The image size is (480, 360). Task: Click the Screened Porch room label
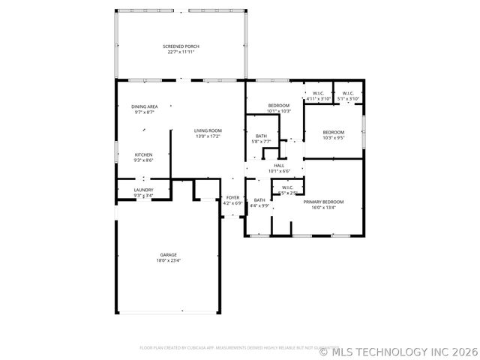(181, 46)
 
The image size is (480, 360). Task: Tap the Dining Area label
(144, 106)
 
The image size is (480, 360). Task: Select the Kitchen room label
(143, 154)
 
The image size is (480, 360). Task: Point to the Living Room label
(208, 130)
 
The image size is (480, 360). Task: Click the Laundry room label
(143, 190)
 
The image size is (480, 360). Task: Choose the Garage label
(168, 255)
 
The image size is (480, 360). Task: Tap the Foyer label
(232, 197)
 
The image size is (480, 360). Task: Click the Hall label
(279, 166)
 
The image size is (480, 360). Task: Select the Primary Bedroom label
(323, 202)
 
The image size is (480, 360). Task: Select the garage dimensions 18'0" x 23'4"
(168, 260)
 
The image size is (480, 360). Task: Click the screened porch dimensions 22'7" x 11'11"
(181, 52)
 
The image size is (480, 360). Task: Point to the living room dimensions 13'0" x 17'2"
(208, 136)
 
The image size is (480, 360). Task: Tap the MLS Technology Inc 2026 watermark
(397, 350)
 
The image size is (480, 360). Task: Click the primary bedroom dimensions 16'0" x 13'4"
(323, 207)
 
